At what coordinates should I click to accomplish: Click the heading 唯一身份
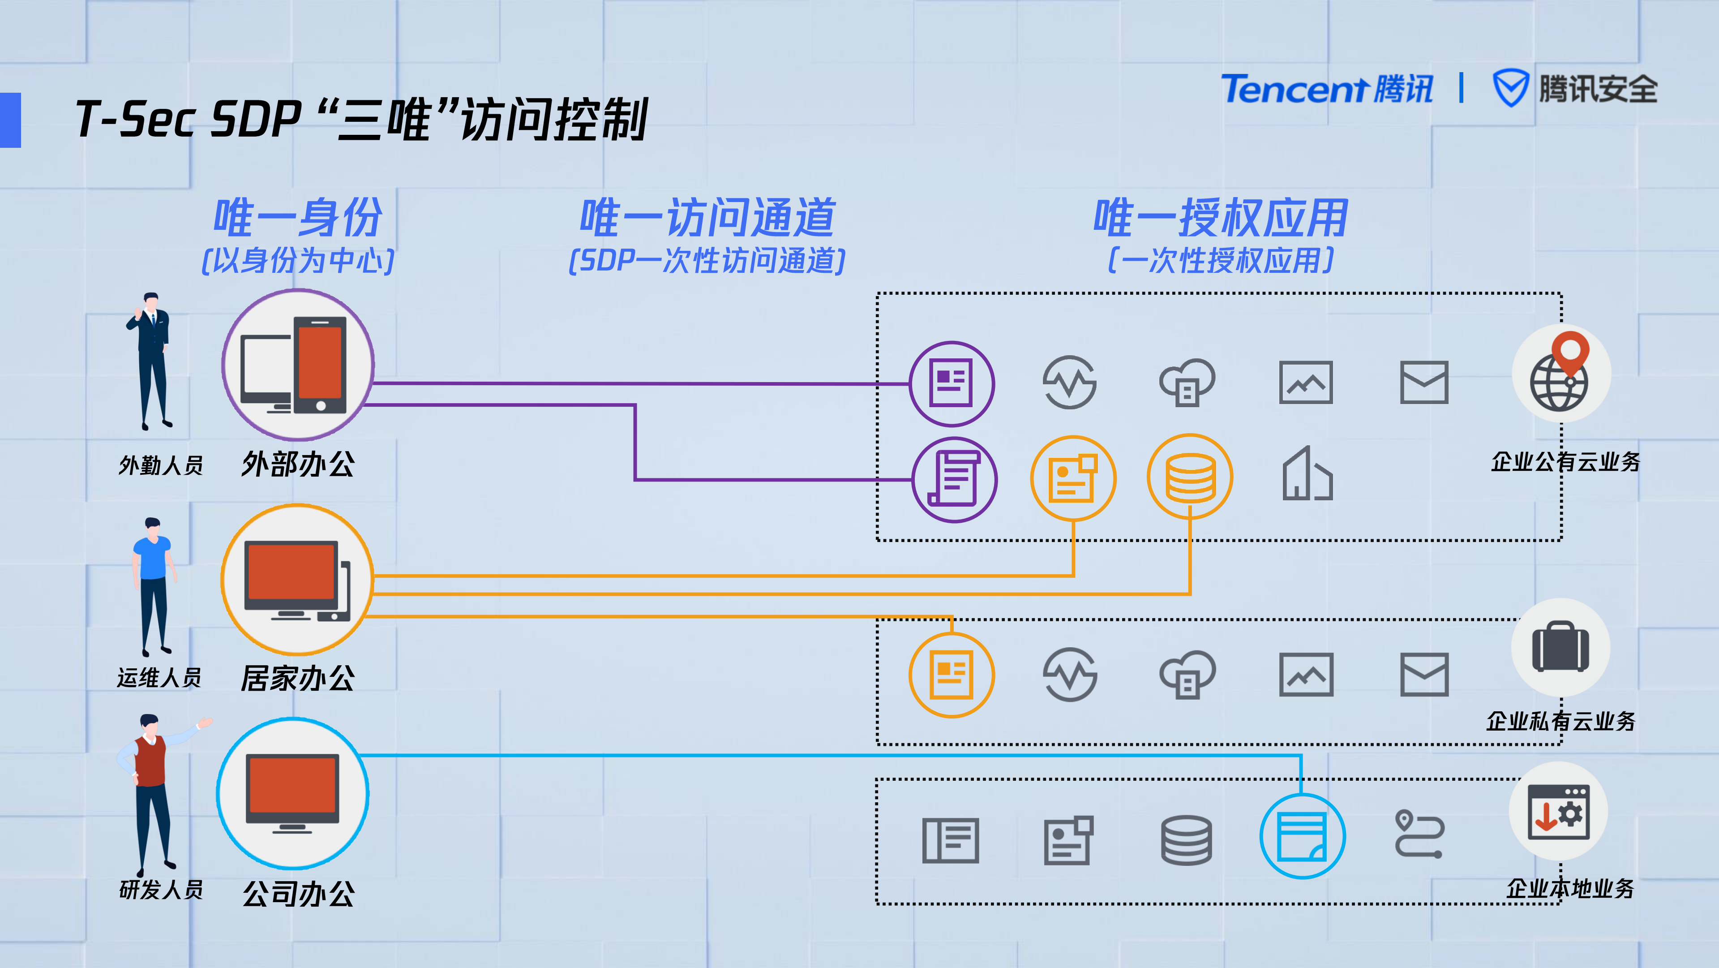298,218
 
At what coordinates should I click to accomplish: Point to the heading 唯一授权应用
1221,218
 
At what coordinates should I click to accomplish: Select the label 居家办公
298,678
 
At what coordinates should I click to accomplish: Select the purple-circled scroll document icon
954,479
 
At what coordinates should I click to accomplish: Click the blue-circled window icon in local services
1302,836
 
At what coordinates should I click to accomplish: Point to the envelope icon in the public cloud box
1423,383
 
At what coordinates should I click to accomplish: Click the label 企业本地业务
1569,889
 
